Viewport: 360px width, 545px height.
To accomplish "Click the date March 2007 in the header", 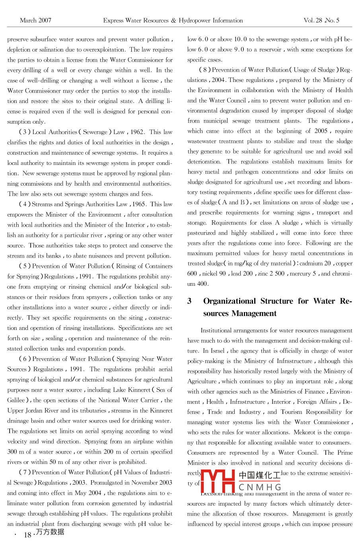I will tap(35, 20).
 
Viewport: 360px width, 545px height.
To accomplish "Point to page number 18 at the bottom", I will tap(27, 535).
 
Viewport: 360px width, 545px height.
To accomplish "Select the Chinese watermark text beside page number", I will tap(50, 532).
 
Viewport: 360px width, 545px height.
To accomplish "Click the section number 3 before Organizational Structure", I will tap(190, 301).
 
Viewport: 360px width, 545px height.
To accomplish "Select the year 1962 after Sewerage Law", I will tap(137, 132).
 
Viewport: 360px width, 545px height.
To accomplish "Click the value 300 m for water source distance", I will tap(15, 452).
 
